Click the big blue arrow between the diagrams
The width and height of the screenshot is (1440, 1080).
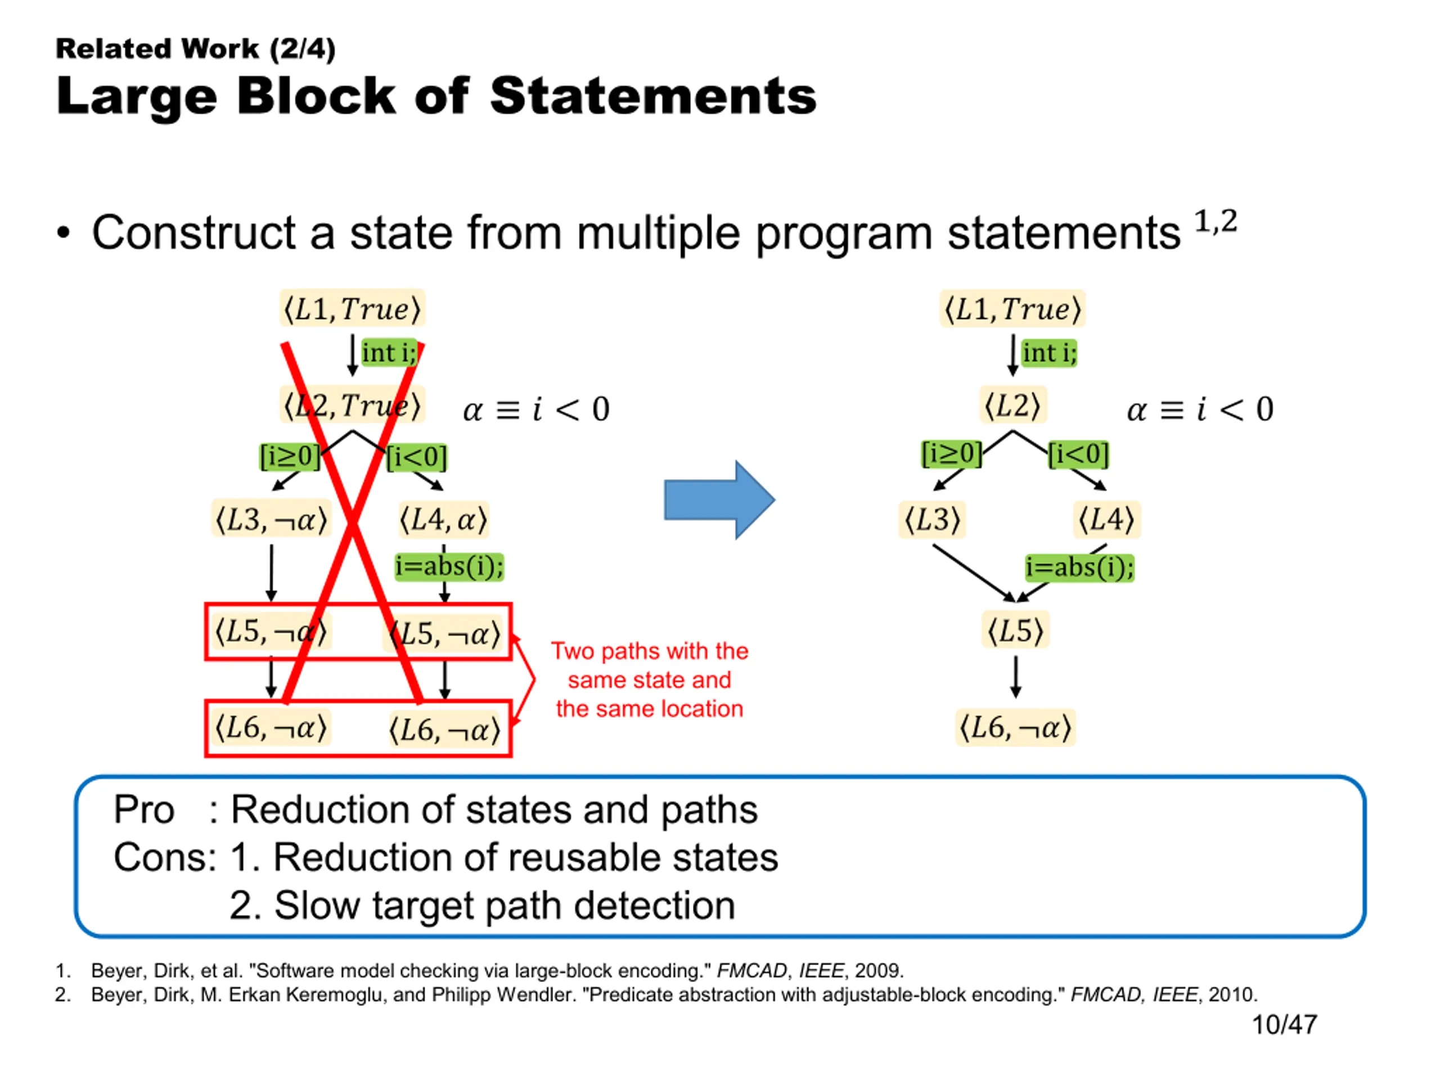719,500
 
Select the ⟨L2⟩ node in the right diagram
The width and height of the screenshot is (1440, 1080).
1012,406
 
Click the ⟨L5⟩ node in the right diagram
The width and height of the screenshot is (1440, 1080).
1015,630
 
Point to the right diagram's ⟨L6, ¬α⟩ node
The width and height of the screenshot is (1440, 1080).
1015,727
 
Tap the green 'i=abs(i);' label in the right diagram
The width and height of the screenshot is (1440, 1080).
1079,568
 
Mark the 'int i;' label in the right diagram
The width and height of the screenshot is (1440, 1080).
1048,353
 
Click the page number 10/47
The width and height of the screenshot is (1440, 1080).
1284,1025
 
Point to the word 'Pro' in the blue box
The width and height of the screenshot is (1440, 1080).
144,810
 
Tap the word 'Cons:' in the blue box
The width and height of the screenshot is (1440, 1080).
165,857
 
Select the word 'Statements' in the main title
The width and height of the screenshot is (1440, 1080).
653,96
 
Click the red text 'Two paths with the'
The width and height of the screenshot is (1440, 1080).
650,651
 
